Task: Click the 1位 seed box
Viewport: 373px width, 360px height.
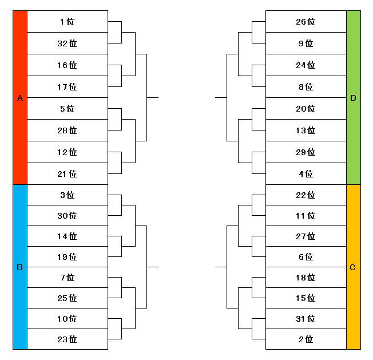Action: point(68,21)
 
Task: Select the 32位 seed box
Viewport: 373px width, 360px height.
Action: point(68,43)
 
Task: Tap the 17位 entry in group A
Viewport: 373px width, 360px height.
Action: point(68,87)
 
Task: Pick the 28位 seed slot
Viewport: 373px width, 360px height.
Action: point(68,130)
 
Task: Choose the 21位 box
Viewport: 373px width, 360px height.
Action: point(68,173)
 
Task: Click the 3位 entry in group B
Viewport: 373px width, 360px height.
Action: point(68,195)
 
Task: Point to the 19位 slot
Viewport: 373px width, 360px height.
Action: point(68,257)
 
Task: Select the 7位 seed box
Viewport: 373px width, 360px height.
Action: point(68,278)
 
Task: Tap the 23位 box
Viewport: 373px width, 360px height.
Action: point(68,339)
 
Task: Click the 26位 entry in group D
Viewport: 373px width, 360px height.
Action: point(306,21)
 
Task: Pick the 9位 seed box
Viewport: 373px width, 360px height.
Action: point(306,43)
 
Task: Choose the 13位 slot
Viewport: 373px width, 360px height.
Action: point(306,130)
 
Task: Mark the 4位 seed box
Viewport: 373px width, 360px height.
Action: point(306,173)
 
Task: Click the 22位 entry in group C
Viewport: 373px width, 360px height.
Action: point(306,195)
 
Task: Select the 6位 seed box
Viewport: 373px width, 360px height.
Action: point(306,257)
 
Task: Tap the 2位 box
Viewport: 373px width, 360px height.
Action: point(306,339)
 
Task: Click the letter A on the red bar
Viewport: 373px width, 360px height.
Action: point(20,98)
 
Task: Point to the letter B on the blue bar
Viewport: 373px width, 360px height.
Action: point(20,267)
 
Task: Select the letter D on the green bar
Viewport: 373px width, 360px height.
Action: point(353,98)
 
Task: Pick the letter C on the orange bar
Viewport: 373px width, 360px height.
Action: point(353,267)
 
